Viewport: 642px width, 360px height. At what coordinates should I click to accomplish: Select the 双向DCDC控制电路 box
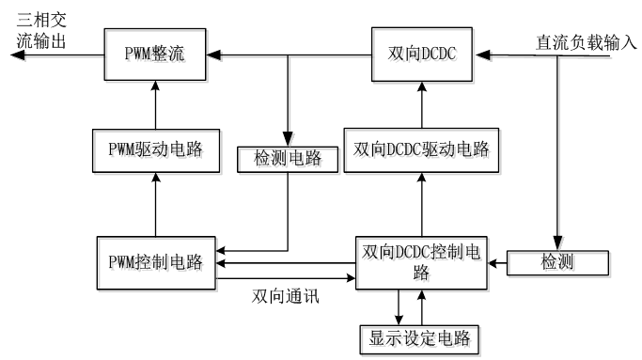pyautogui.click(x=419, y=262)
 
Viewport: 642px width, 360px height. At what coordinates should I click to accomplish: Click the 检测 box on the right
pyautogui.click(x=558, y=262)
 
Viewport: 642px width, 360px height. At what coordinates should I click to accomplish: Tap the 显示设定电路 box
pyautogui.click(x=420, y=336)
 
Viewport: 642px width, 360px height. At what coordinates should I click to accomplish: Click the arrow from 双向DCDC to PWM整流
pyautogui.click(x=291, y=56)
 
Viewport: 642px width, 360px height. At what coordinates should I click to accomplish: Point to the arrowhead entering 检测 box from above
pyautogui.click(x=558, y=243)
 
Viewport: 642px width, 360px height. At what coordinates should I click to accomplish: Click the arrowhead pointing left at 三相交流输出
pyautogui.click(x=13, y=56)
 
